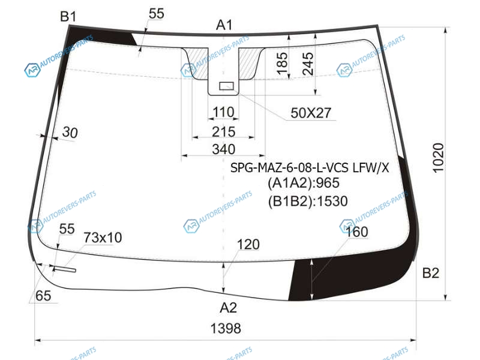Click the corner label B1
[68, 16]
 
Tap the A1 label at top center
[224, 25]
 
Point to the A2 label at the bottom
[229, 307]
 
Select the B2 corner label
[431, 273]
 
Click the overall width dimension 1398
[226, 328]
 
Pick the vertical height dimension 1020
[438, 158]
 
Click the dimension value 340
[224, 149]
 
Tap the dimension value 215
[224, 132]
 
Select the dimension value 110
[223, 112]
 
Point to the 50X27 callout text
[311, 113]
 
